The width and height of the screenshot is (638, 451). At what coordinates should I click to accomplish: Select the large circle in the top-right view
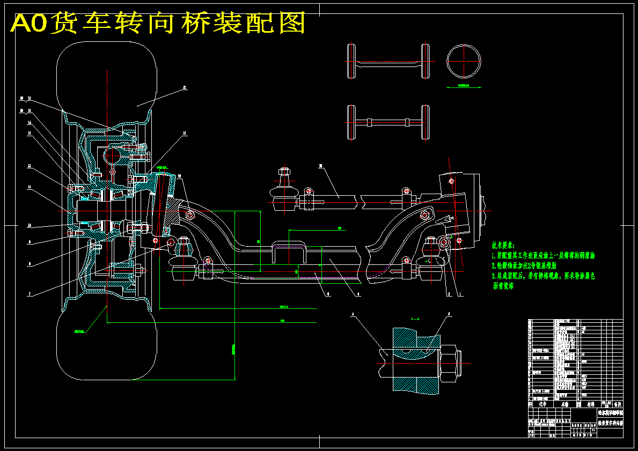(463, 61)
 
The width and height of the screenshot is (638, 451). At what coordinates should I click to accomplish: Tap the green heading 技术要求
(502, 245)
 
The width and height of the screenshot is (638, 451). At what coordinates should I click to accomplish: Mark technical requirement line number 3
(542, 276)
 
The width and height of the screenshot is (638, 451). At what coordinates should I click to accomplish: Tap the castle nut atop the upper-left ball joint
(285, 172)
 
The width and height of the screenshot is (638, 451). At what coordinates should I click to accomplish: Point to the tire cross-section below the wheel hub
(106, 343)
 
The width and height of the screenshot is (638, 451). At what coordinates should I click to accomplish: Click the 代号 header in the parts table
(541, 404)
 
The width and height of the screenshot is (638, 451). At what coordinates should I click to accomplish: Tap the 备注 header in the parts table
(617, 404)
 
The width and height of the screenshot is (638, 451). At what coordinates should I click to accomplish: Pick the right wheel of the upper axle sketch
(426, 61)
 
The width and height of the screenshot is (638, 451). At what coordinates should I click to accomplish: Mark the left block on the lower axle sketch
(369, 122)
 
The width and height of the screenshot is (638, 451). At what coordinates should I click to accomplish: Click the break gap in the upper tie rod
(359, 201)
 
